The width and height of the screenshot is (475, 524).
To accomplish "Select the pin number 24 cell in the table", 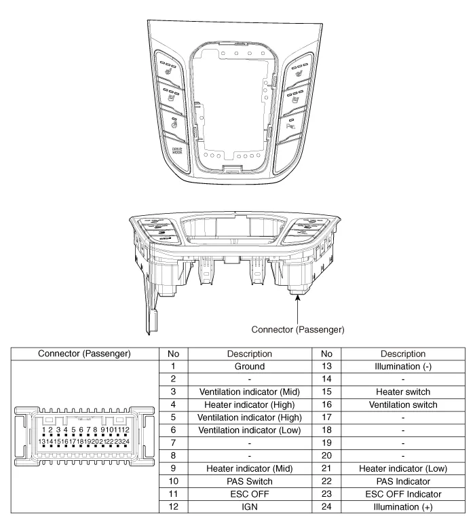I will (x=320, y=508).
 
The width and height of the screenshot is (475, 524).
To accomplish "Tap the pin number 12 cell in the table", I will (x=174, y=508).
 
